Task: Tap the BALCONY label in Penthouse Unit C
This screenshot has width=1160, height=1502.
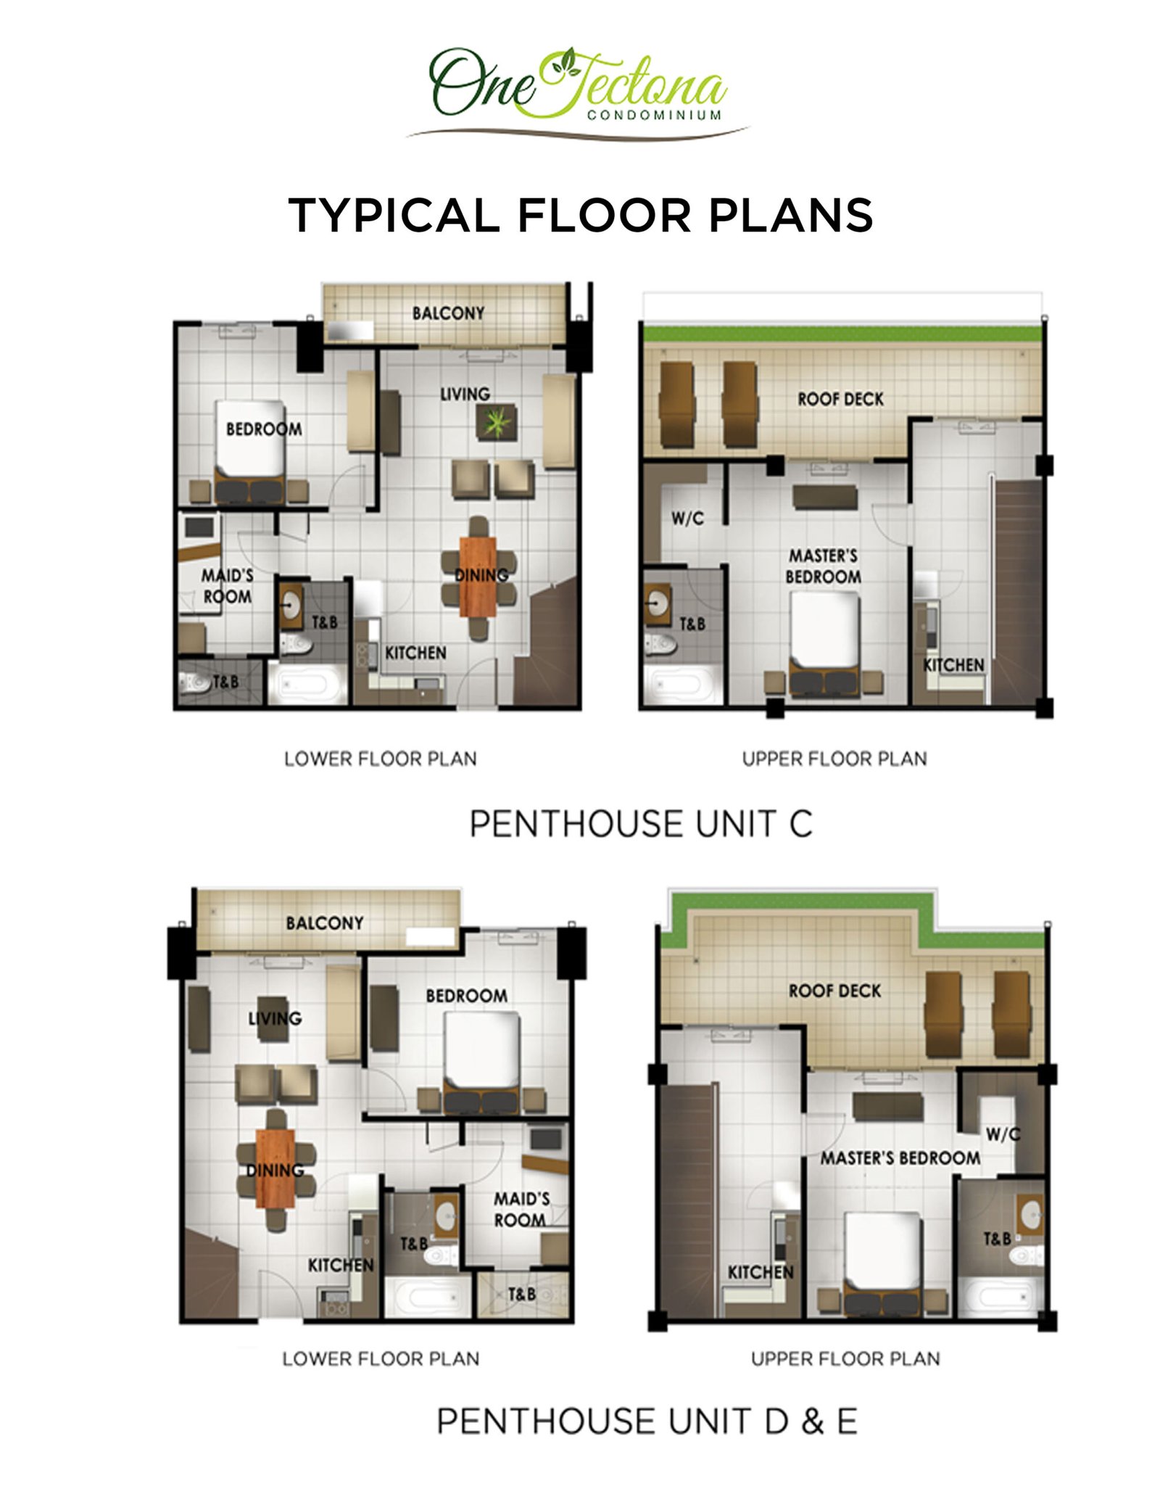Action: coord(448,313)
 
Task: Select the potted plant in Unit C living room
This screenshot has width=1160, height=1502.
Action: coord(497,421)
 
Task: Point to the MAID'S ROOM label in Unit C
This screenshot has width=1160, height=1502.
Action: coord(228,586)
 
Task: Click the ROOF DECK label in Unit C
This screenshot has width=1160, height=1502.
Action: coord(840,399)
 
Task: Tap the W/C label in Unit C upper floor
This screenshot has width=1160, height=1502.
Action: coord(687,518)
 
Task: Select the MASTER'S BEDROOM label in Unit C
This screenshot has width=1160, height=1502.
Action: coord(824,566)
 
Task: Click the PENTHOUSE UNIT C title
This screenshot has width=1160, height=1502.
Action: coord(641,824)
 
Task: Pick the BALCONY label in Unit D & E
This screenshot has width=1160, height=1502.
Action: coord(325,923)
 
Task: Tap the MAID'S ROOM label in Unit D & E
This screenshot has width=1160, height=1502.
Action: coord(521,1210)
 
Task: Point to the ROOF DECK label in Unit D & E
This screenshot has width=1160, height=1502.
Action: coord(834,991)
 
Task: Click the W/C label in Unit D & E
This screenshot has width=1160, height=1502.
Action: coord(1003,1134)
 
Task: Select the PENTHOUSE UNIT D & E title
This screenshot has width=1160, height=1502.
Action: coord(647,1421)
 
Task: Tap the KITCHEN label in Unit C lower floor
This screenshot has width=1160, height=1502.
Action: coord(415,653)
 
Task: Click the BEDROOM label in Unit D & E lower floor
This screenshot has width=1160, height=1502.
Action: coord(466,996)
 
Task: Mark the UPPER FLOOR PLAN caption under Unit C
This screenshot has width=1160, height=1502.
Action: coord(834,759)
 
